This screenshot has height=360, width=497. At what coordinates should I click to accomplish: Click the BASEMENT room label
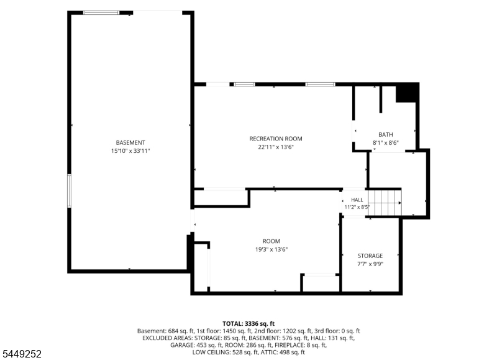130,143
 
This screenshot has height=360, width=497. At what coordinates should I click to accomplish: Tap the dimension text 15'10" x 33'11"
130,151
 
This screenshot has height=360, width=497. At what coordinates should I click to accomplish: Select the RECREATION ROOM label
276,139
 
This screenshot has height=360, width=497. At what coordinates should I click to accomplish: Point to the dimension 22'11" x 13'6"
276,147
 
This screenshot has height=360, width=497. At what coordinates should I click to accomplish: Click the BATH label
385,134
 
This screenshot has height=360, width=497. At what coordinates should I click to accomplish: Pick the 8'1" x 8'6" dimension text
385,143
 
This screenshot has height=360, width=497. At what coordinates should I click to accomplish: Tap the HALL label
357,200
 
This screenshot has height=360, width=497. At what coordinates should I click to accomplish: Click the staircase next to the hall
385,203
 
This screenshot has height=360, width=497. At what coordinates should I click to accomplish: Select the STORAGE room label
370,256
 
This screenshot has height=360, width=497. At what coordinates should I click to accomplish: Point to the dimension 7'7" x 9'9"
370,264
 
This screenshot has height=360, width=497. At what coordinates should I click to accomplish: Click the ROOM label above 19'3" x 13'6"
271,241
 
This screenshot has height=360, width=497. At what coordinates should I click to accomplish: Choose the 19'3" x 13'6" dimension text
271,249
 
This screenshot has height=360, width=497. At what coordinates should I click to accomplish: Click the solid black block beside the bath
407,93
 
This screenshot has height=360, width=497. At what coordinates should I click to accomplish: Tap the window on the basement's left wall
69,191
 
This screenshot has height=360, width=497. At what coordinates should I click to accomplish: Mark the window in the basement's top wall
101,12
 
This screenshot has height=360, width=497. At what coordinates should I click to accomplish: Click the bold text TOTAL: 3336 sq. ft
248,324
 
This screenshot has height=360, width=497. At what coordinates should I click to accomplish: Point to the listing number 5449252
22,354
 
